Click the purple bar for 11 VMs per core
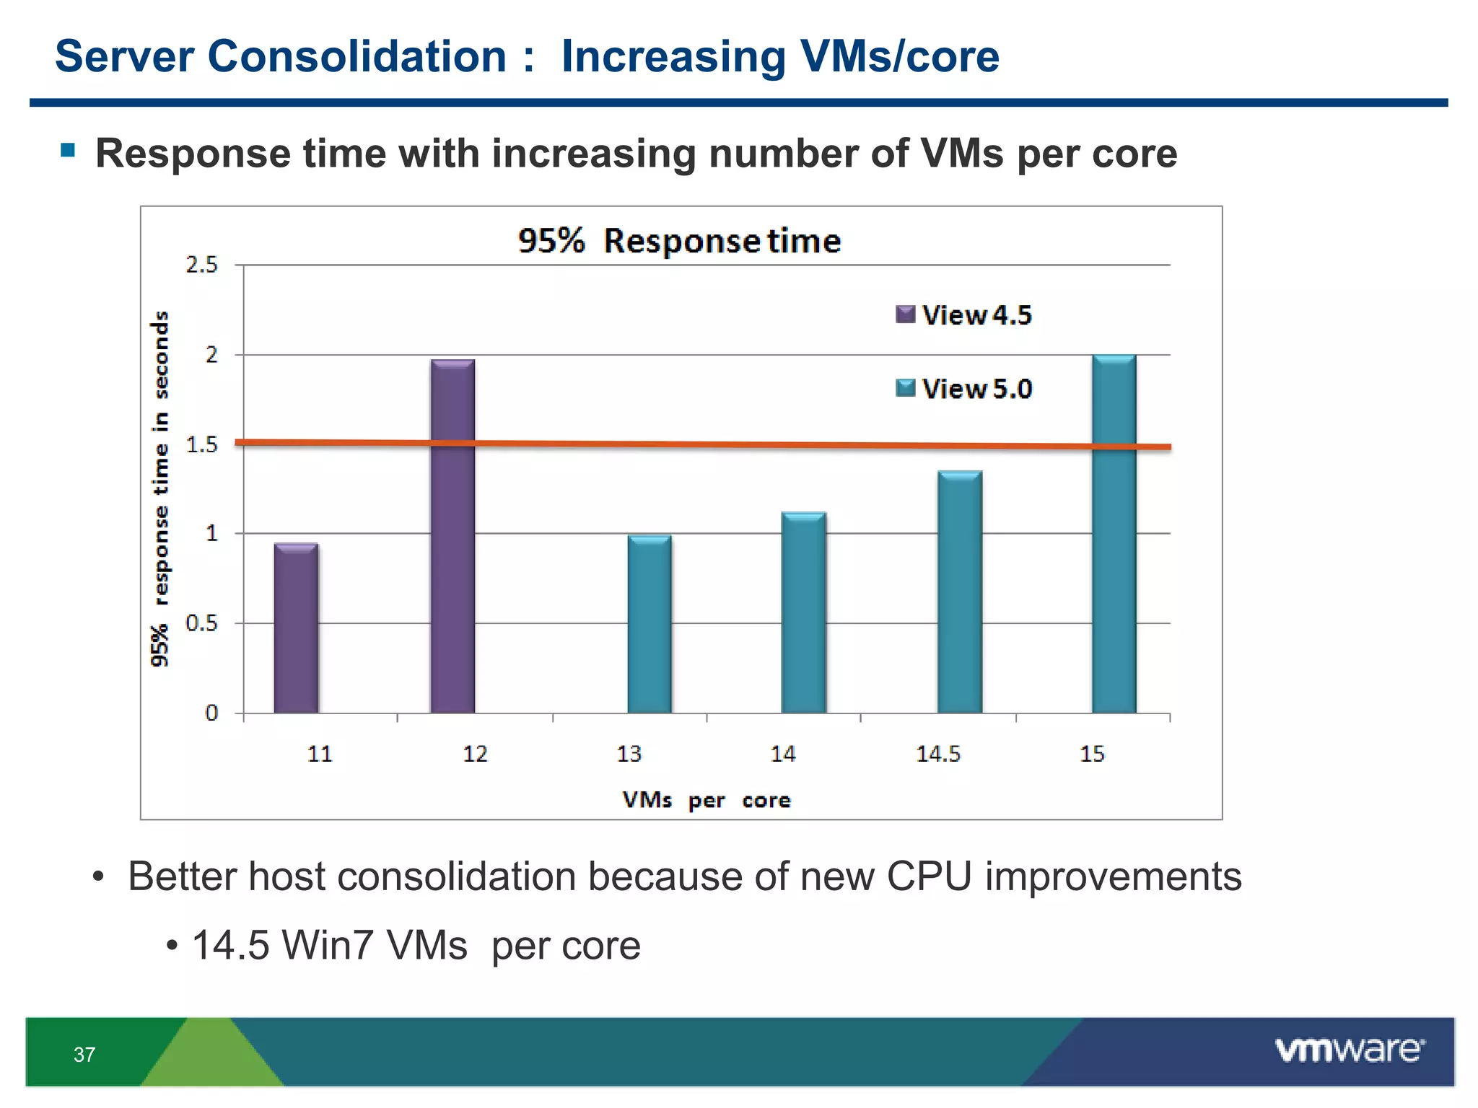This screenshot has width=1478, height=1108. [296, 628]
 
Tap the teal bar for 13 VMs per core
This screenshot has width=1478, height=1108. [650, 624]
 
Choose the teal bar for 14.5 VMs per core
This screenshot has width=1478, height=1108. [960, 592]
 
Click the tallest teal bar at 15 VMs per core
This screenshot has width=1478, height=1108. [1114, 534]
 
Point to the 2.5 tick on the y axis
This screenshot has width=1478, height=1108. [201, 265]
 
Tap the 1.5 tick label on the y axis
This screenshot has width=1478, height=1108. [201, 445]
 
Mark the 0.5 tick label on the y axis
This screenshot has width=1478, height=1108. [201, 623]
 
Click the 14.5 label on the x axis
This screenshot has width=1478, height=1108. [938, 754]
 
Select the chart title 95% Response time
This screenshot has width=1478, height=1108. [679, 240]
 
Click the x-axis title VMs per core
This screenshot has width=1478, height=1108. [707, 800]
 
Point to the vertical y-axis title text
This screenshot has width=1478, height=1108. [160, 489]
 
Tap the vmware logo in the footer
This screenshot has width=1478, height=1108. [1350, 1050]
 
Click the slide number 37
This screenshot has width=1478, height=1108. [84, 1055]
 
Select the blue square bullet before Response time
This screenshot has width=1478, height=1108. [69, 150]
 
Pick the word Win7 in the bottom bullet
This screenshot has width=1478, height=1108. [328, 945]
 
